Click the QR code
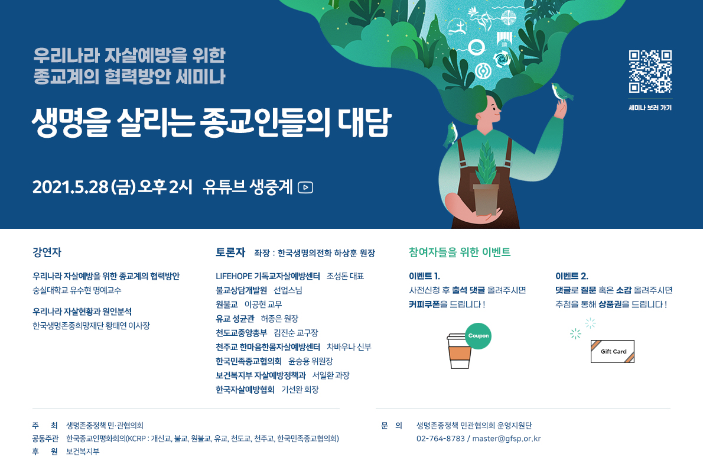pyautogui.click(x=650, y=72)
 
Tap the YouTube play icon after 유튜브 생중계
pyautogui.click(x=305, y=187)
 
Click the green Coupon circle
pyautogui.click(x=478, y=336)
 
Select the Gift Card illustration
pyautogui.click(x=613, y=351)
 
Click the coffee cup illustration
pyautogui.click(x=459, y=351)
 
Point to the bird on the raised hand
pyautogui.click(x=562, y=92)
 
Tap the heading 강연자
pyautogui.click(x=47, y=252)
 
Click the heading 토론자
pyautogui.click(x=230, y=252)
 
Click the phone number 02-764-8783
pyautogui.click(x=440, y=439)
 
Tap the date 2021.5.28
pyautogui.click(x=70, y=187)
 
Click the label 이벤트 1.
pyautogui.click(x=424, y=276)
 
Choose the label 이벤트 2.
pyautogui.click(x=572, y=276)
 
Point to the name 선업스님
pyautogui.click(x=288, y=290)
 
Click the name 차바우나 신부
pyautogui.click(x=349, y=347)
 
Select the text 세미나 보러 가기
pyautogui.click(x=650, y=108)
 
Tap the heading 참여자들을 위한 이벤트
pyautogui.click(x=460, y=252)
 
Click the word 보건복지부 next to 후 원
pyautogui.click(x=83, y=452)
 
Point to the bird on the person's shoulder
pyautogui.click(x=450, y=135)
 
